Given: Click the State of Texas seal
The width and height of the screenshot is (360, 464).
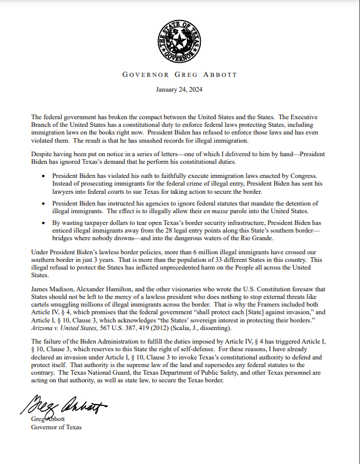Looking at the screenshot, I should pyautogui.click(x=180, y=41).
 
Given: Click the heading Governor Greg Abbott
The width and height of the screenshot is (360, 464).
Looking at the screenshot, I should pyautogui.click(x=180, y=75).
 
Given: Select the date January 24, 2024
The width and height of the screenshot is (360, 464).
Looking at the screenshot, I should pyautogui.click(x=180, y=90).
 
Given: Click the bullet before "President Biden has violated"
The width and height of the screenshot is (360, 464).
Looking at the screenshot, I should pyautogui.click(x=46, y=176).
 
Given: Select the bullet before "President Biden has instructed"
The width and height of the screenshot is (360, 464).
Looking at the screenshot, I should pyautogui.click(x=46, y=203).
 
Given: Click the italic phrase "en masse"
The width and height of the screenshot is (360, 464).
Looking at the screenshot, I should pyautogui.click(x=214, y=210).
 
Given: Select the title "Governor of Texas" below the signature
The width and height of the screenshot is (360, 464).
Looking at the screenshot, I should pyautogui.click(x=56, y=427).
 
